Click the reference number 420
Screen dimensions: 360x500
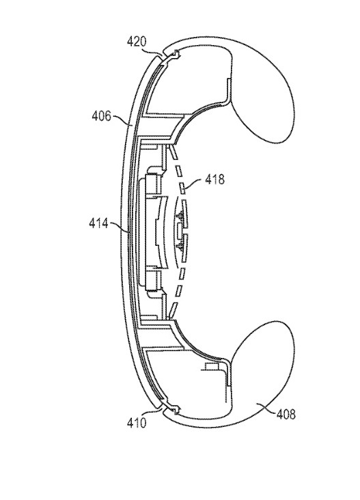137,42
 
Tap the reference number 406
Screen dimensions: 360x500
101,115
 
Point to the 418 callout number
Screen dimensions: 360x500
214,180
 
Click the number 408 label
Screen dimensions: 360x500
286,414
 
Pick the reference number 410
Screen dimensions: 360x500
137,423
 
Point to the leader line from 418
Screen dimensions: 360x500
194,184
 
